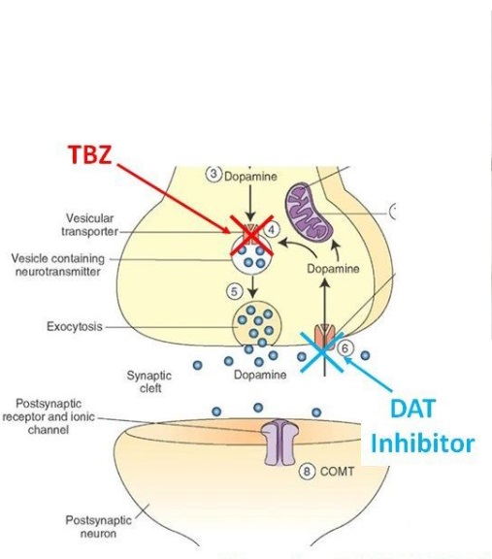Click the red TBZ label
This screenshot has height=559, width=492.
(x=90, y=154)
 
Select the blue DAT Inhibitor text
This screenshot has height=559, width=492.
(x=423, y=426)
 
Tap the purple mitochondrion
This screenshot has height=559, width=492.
(x=309, y=211)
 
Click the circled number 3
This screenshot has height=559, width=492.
(x=213, y=174)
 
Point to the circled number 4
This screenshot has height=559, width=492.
(x=272, y=230)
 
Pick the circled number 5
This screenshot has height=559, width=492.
(x=234, y=291)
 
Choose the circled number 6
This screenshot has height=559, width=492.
(x=344, y=348)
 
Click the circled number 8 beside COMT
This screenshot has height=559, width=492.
(x=307, y=472)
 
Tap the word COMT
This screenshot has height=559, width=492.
(x=337, y=472)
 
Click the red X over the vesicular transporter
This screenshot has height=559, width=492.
(x=251, y=235)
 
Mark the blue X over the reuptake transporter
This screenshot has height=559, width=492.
(x=321, y=352)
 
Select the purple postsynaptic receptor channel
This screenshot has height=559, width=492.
(x=281, y=443)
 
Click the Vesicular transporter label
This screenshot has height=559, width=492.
(x=89, y=224)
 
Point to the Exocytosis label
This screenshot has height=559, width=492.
(x=75, y=326)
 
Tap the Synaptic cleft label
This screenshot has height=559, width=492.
(x=149, y=381)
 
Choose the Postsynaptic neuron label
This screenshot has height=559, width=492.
(x=98, y=527)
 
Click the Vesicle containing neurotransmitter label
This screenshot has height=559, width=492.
(x=58, y=265)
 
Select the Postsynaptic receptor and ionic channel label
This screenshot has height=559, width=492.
(x=49, y=416)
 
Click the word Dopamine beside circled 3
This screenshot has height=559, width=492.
(x=250, y=177)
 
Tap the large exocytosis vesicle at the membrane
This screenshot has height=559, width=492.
(x=257, y=325)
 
